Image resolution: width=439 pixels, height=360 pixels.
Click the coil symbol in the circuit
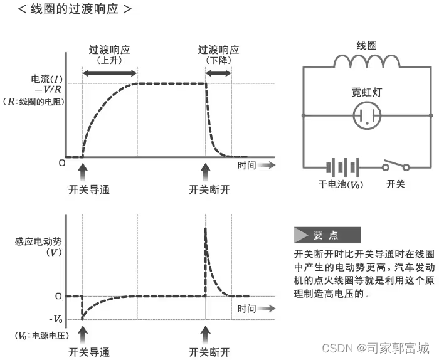366,61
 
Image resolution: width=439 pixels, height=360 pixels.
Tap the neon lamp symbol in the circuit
366,116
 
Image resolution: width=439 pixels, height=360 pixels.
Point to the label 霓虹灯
366,92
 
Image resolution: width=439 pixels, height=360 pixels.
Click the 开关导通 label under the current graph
89,189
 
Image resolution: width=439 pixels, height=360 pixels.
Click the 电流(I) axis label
47,80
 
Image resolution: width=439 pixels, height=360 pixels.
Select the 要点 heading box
326,235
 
